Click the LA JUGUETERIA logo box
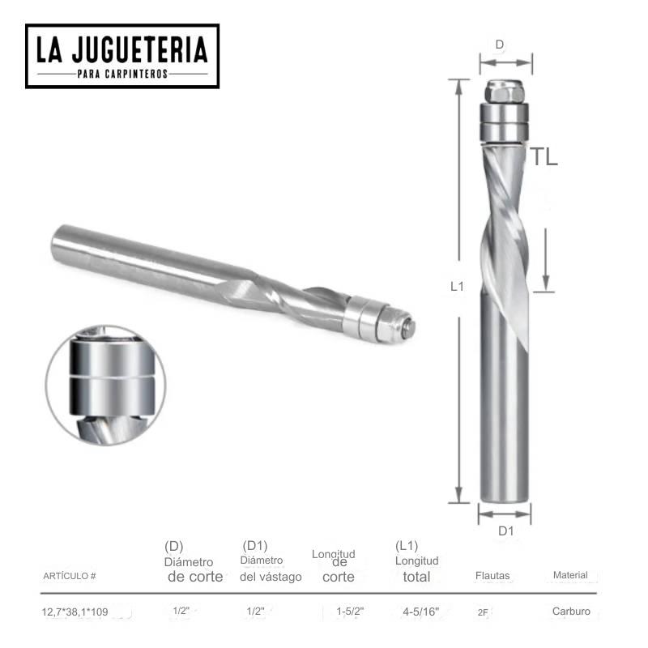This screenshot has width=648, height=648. (122, 55)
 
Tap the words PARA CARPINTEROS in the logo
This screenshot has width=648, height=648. (122, 73)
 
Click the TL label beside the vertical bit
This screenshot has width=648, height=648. (544, 157)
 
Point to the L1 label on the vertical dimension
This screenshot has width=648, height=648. (457, 286)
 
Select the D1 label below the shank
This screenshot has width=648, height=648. (505, 531)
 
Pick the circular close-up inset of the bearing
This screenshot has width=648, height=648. (105, 385)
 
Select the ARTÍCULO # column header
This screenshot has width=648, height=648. (69, 576)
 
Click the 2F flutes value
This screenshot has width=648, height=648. (483, 613)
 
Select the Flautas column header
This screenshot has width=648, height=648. (492, 576)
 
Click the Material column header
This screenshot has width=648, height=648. (570, 575)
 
